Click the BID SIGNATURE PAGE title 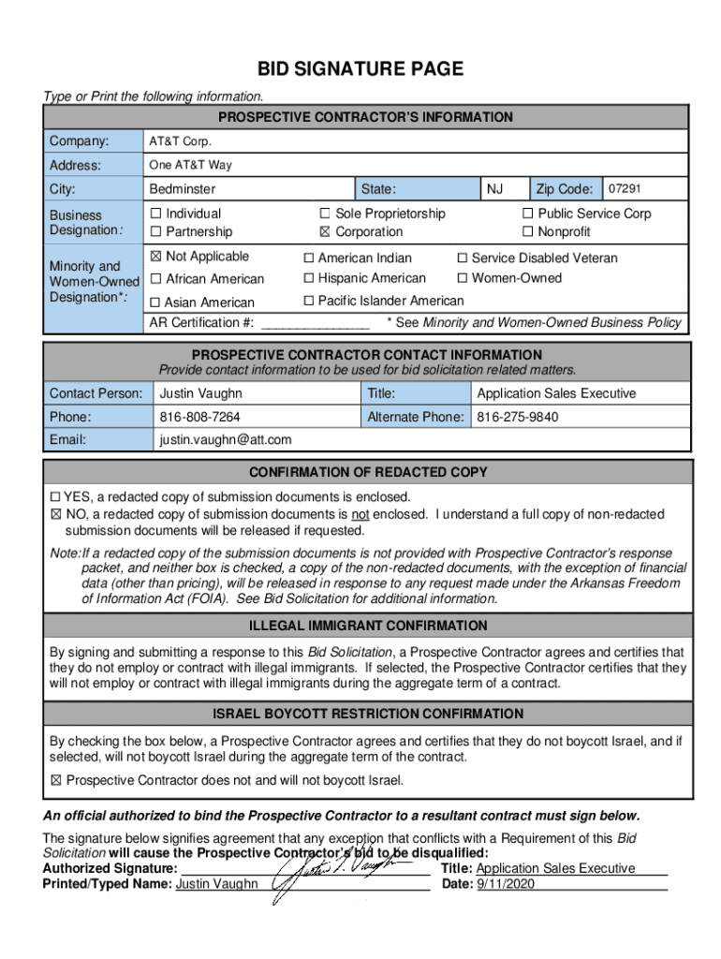360,69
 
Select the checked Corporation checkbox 325,232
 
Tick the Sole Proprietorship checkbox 325,214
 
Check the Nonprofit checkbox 527,232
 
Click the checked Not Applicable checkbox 155,257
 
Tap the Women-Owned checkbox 462,278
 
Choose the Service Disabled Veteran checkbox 462,258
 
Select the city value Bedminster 182,189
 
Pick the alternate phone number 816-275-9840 517,417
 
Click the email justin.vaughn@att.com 226,439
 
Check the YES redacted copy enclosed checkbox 55,497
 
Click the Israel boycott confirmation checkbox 55,780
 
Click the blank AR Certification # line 315,323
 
